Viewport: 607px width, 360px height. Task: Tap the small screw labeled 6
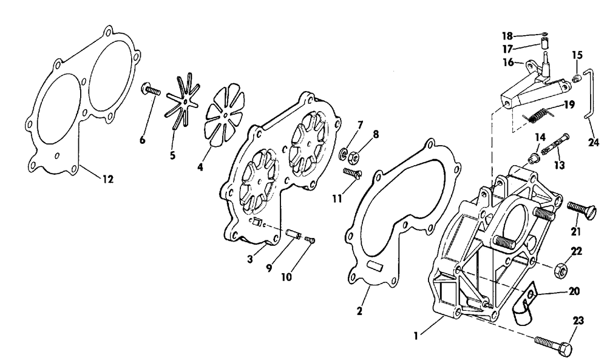pyautogui.click(x=151, y=91)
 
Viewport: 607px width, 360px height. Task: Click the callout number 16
pyautogui.click(x=507, y=62)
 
